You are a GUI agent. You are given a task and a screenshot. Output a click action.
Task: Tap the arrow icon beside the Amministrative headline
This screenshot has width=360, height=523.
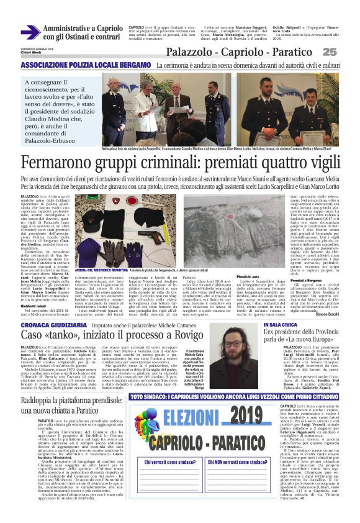30,32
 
